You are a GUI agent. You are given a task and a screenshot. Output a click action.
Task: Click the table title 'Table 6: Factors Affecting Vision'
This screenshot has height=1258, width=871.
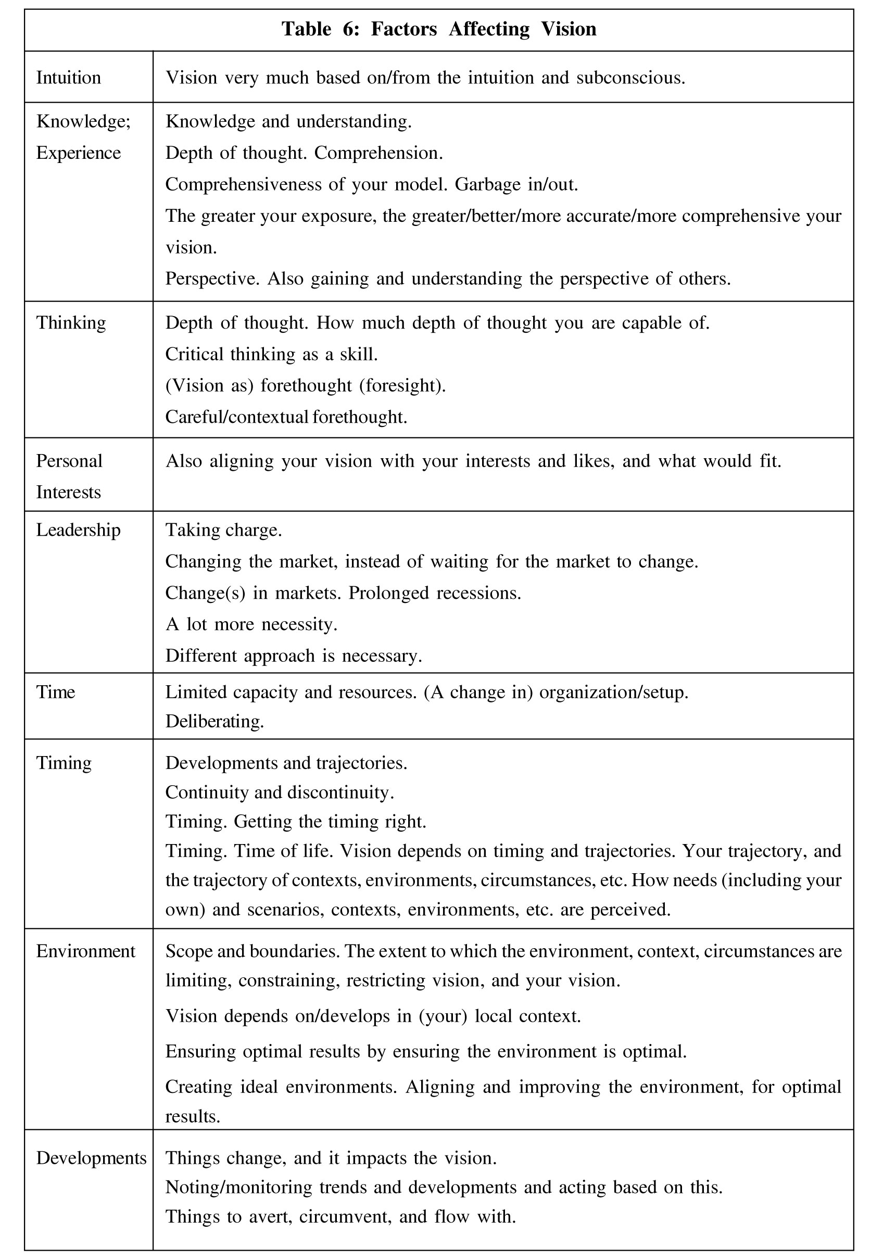click(439, 29)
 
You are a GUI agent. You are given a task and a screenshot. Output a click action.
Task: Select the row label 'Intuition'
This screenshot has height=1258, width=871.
click(69, 78)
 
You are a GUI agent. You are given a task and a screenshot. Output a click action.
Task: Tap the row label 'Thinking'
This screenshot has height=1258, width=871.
click(71, 322)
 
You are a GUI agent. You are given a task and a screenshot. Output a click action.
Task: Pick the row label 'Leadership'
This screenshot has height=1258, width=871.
click(78, 530)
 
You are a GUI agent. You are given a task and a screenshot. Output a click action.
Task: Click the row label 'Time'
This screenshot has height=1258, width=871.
click(56, 692)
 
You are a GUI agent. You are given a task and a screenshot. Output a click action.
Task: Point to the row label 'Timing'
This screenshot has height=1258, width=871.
click(64, 762)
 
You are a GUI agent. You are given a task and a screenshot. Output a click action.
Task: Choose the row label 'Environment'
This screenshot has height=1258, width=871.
click(86, 951)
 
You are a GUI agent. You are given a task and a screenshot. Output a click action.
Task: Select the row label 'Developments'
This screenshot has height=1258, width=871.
click(91, 1158)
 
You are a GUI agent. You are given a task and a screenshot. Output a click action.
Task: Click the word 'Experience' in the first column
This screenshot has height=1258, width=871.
click(79, 153)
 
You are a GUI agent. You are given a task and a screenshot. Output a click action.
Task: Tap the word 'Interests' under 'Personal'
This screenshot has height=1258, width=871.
click(69, 492)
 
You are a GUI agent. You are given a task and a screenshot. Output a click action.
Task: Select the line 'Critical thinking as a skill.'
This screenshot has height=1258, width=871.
click(271, 354)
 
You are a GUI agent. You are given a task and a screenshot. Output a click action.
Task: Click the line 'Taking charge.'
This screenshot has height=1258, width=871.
click(224, 530)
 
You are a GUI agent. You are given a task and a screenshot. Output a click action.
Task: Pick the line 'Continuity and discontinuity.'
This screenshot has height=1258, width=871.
click(280, 792)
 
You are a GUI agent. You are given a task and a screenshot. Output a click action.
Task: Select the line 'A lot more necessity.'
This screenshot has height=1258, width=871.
click(251, 624)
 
